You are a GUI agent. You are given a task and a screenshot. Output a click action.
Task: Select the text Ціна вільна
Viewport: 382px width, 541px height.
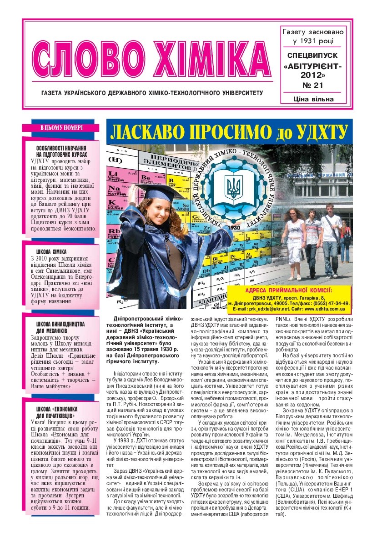(313, 99)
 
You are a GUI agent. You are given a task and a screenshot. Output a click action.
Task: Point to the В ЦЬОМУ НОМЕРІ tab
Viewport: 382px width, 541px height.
(62, 128)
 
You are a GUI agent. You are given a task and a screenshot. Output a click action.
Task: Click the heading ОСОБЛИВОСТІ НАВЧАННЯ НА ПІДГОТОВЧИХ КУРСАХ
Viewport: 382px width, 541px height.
(61, 152)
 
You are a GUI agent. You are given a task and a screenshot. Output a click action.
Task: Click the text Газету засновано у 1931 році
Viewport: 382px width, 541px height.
(313, 37)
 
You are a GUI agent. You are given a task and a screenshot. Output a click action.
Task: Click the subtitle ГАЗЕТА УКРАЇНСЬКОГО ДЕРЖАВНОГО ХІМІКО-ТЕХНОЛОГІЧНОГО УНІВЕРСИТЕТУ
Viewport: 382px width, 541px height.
(152, 93)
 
